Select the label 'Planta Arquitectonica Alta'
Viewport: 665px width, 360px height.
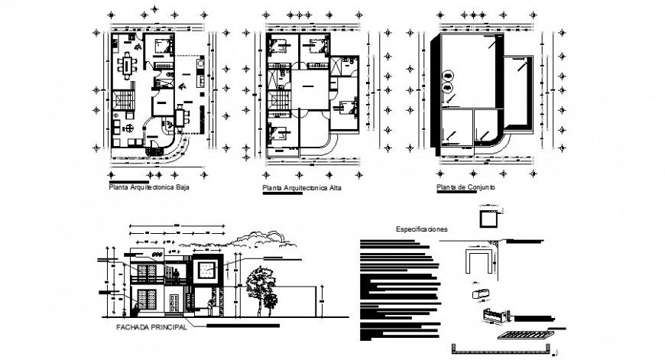coord(301,187)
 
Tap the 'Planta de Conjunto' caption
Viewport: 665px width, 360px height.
coord(465,186)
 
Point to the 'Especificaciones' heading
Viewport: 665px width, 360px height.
coord(421,229)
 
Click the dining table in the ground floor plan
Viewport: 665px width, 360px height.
coord(125,65)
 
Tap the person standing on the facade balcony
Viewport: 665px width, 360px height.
coord(177,274)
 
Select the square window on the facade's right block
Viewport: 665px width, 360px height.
coord(205,270)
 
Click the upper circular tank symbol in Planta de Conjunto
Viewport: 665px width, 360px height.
coord(448,75)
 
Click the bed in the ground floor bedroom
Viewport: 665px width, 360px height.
coord(162,44)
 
